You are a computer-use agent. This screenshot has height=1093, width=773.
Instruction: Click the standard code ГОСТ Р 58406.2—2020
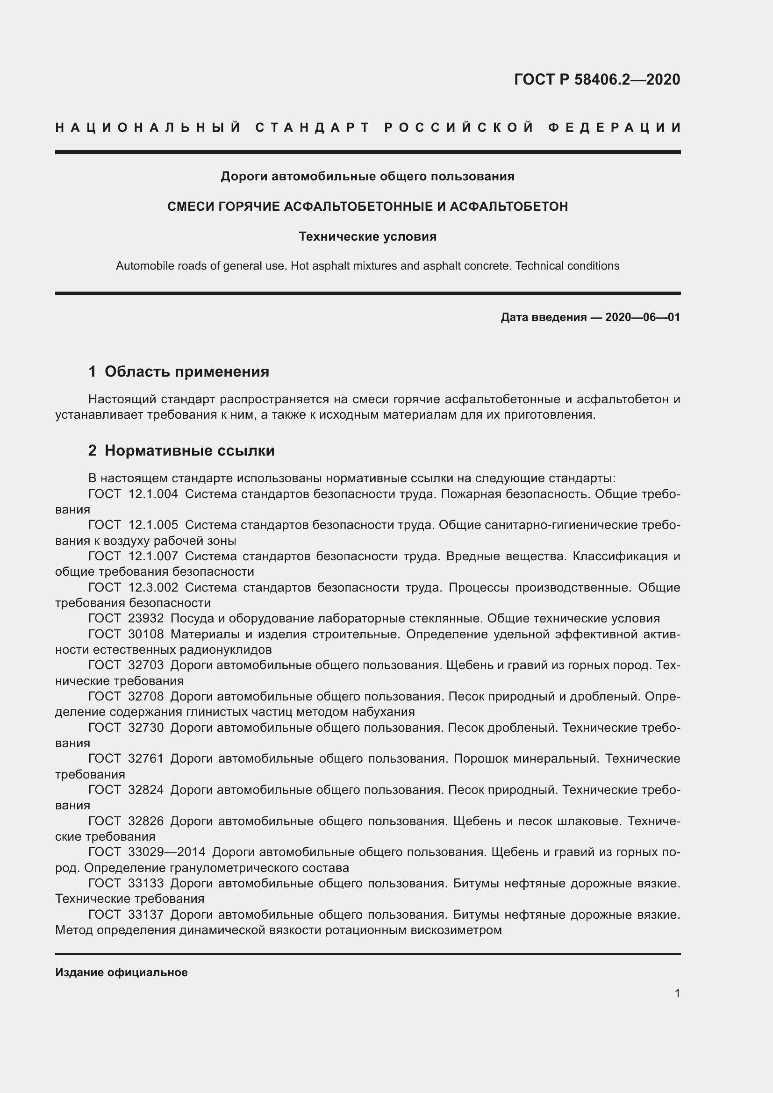597,79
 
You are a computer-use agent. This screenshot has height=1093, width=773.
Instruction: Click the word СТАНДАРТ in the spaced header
312,128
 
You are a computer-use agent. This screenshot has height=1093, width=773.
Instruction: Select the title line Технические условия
367,236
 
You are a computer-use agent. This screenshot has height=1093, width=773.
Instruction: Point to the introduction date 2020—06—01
642,317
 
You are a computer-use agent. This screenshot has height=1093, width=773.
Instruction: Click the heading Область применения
186,371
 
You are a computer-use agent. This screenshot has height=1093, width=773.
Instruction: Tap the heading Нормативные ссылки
189,450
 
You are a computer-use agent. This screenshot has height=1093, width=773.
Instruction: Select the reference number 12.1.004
153,494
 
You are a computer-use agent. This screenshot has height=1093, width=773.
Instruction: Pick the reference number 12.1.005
153,525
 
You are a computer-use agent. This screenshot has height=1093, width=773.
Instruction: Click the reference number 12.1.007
153,556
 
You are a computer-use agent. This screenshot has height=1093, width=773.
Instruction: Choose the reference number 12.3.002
153,587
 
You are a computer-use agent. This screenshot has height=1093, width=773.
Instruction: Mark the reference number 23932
146,618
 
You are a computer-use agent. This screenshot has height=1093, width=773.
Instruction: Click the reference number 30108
146,634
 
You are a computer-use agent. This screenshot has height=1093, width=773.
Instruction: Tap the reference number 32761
146,758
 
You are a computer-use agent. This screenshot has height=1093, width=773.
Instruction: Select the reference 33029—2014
166,852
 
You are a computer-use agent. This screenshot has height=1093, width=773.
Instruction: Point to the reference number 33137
146,914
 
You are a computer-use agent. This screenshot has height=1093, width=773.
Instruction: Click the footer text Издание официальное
122,972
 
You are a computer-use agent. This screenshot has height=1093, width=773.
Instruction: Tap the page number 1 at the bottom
677,993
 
